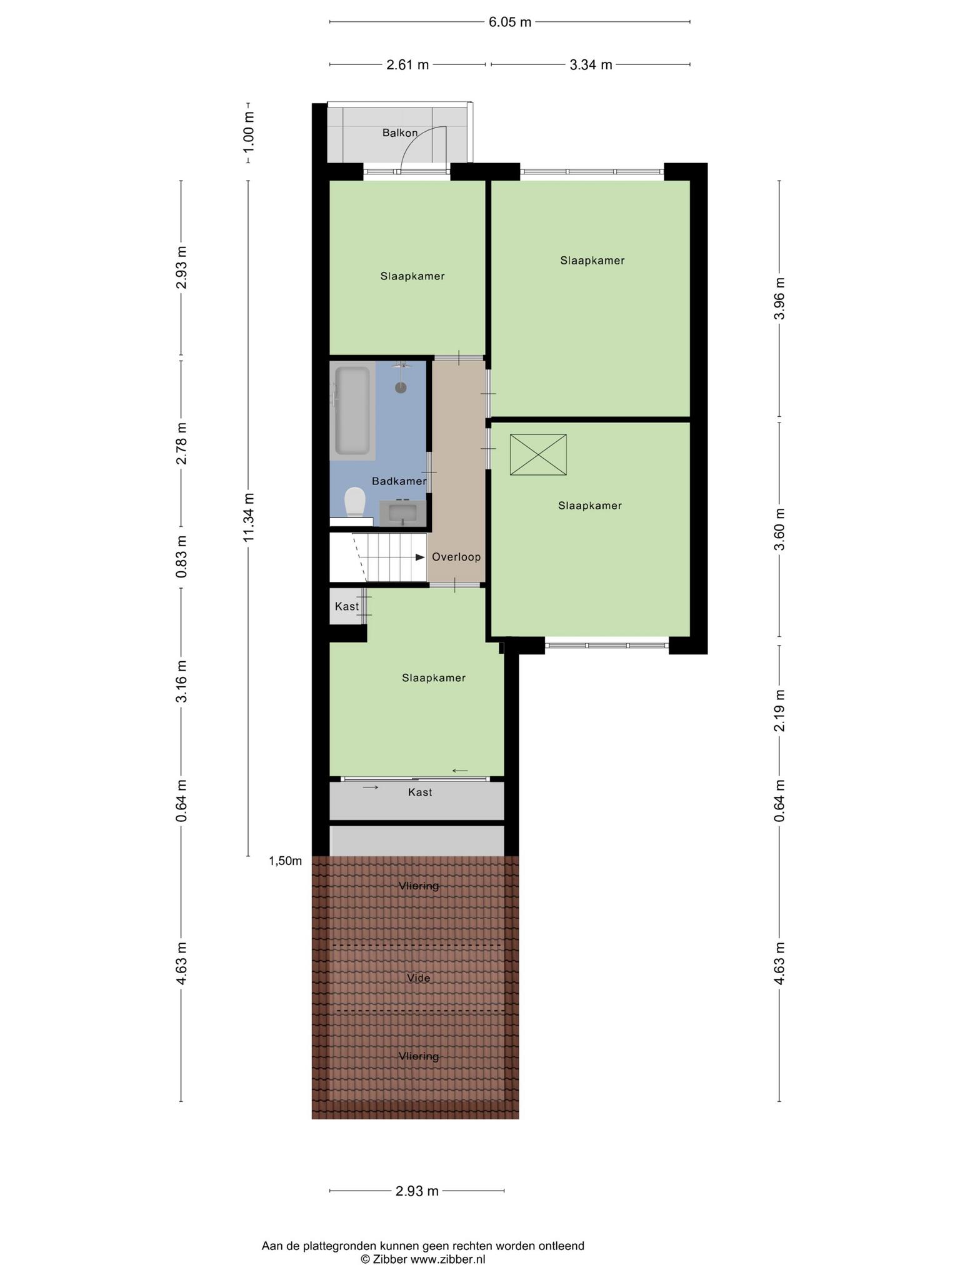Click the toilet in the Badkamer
tap(355, 502)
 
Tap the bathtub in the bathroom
tap(352, 411)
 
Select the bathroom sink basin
tap(403, 512)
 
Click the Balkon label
tap(400, 133)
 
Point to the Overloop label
tap(456, 557)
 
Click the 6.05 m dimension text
tap(510, 22)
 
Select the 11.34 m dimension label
tap(249, 517)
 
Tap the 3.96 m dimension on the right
tap(779, 298)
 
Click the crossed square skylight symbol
tap(538, 455)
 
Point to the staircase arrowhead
tap(420, 557)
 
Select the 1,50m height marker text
tap(286, 861)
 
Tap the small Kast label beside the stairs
tap(347, 606)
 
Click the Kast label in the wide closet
tap(420, 792)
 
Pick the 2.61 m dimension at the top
tap(407, 64)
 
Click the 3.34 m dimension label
tap(591, 64)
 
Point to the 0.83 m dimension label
tap(182, 556)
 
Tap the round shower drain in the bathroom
tap(401, 387)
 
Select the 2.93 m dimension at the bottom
tap(417, 1191)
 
